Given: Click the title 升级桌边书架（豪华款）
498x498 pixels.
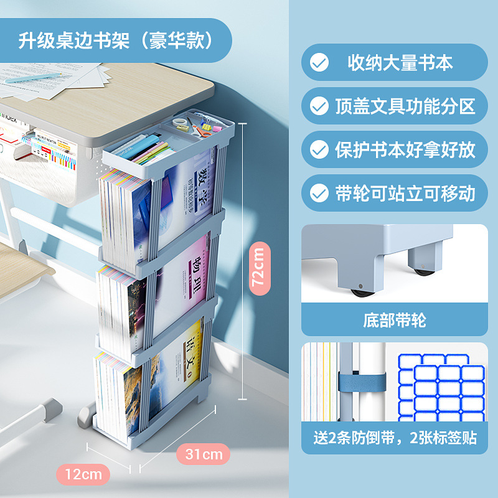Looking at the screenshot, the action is (x=116, y=40).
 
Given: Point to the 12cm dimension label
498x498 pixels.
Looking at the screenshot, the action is (x=83, y=474).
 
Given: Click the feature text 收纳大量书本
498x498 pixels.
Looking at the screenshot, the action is (x=400, y=63).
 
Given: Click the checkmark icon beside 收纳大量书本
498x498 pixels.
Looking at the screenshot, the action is (x=319, y=63).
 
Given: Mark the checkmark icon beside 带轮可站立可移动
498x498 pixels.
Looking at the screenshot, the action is (x=319, y=193).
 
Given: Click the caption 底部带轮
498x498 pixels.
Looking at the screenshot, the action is (x=394, y=321).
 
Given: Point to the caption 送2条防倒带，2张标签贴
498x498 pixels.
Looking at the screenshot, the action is (x=395, y=438).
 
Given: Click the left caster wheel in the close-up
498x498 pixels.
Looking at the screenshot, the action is (x=359, y=291).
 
